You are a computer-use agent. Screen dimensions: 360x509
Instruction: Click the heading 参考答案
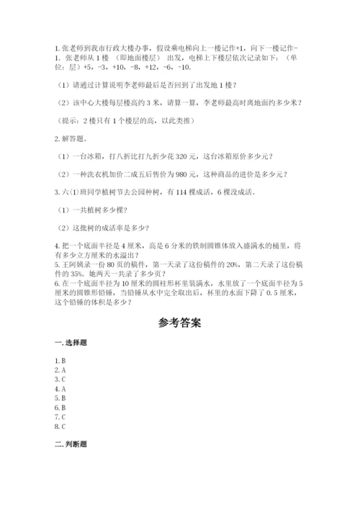180,323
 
